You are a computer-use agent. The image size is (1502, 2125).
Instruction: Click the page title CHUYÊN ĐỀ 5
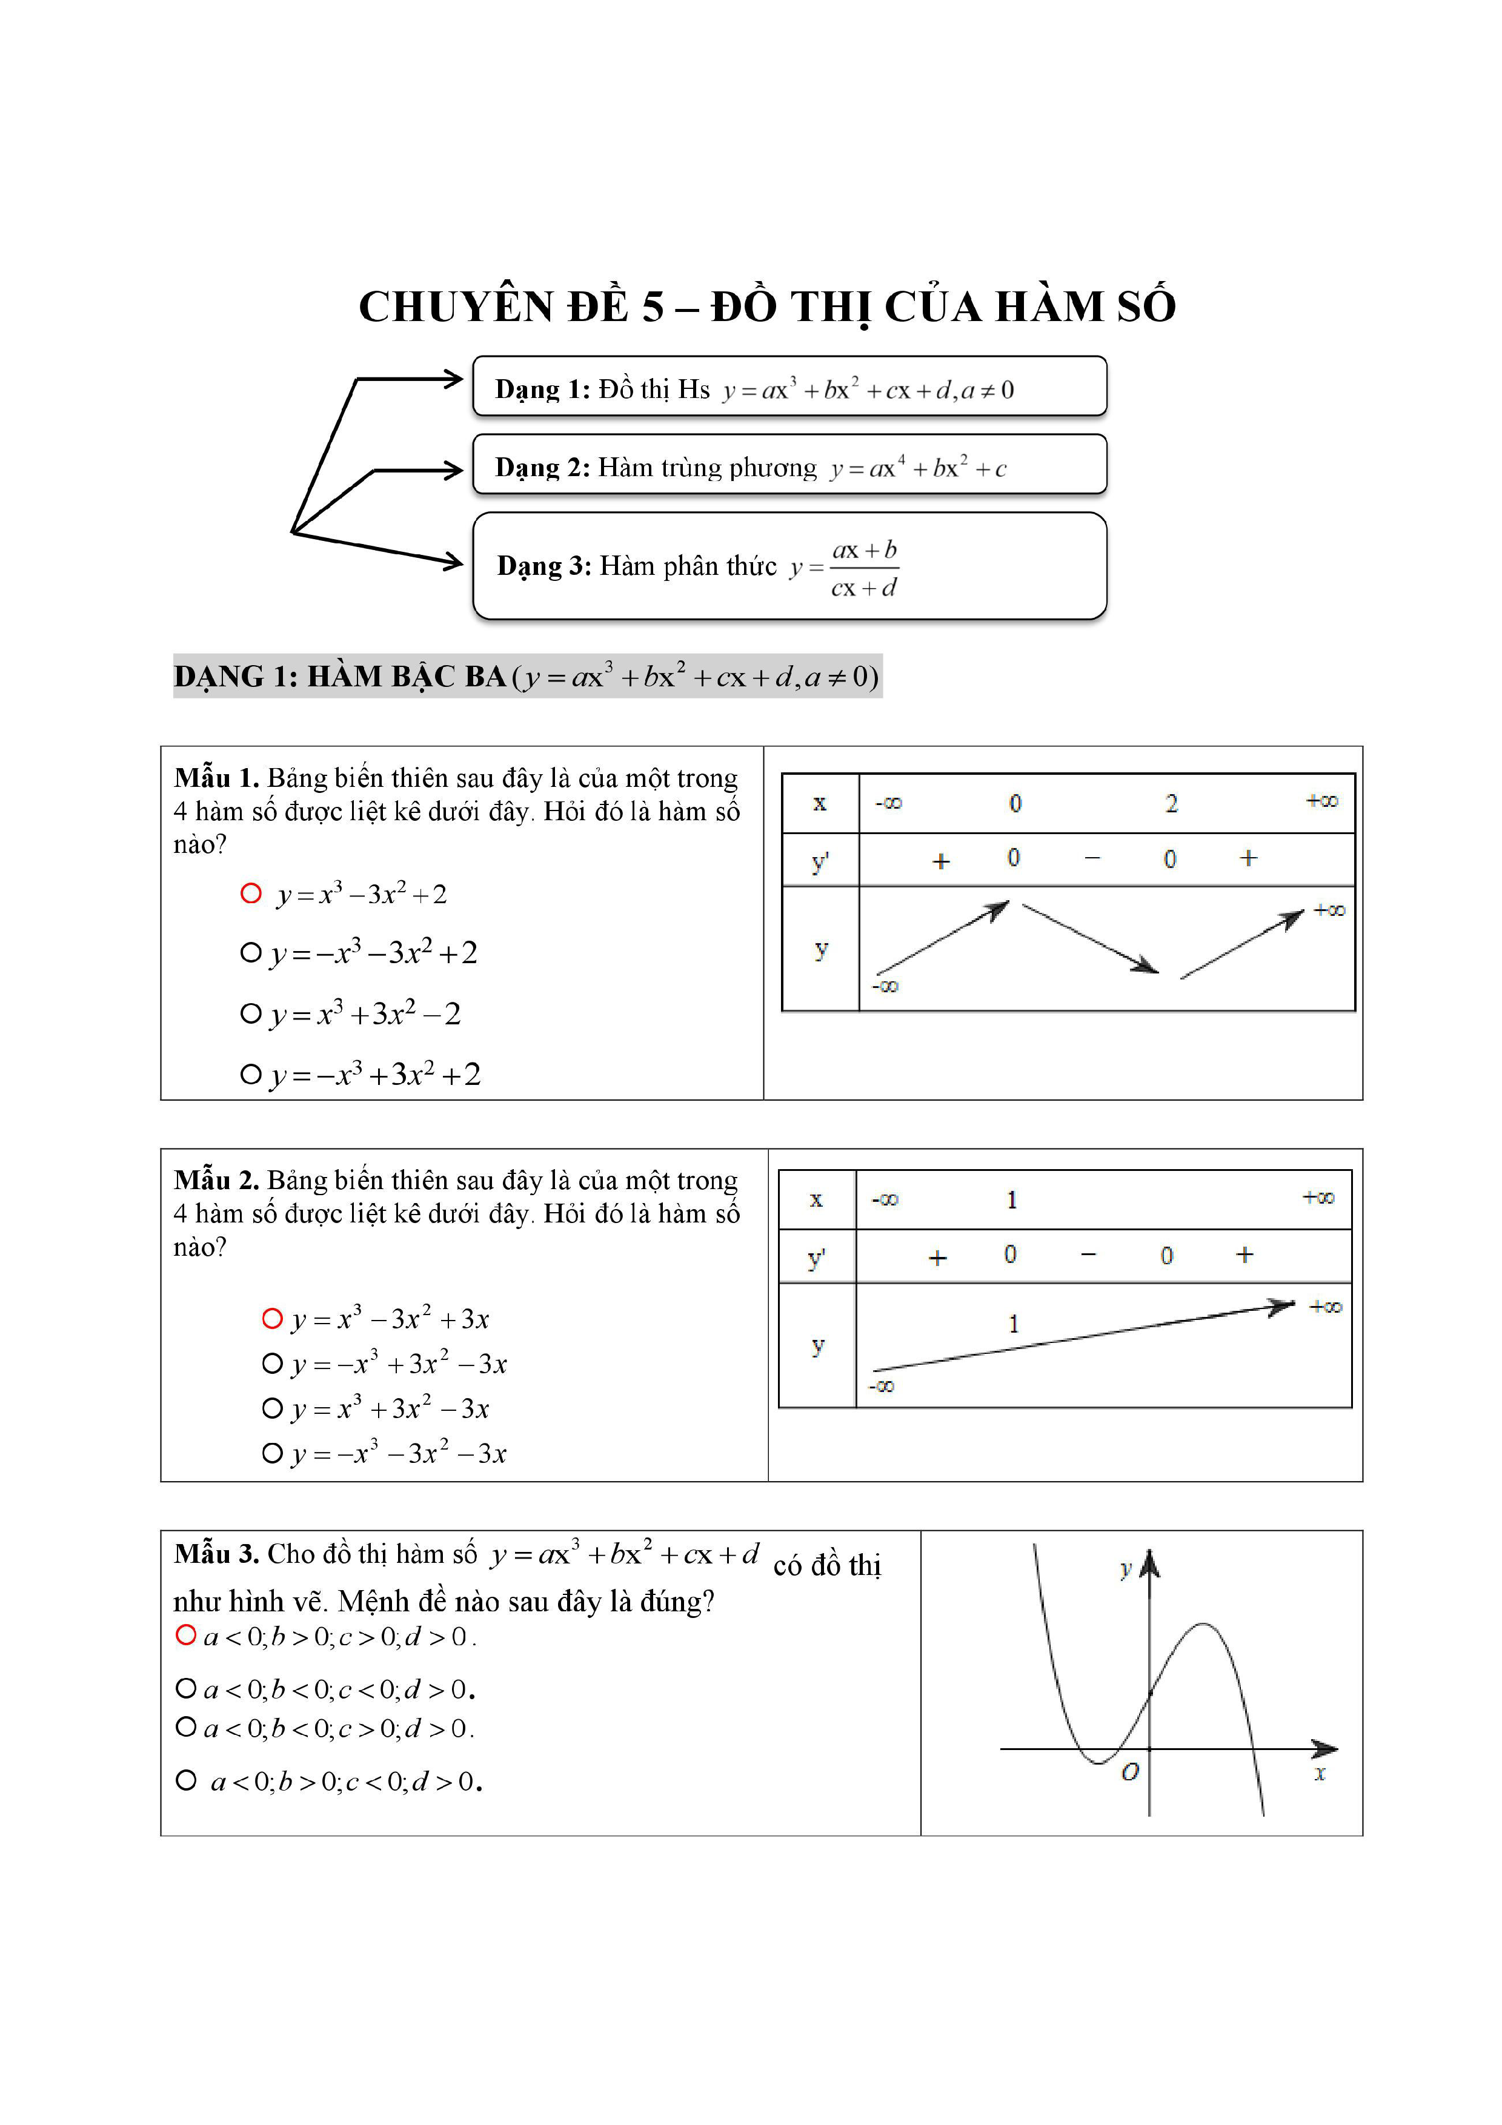(766, 307)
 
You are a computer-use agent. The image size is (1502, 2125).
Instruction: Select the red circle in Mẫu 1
(251, 893)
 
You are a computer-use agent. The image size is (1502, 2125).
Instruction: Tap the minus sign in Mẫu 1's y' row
(1092, 860)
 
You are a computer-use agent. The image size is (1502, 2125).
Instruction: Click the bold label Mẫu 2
(216, 1180)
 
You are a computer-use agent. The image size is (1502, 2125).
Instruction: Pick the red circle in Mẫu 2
(272, 1318)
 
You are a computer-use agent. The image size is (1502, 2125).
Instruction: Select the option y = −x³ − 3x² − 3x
(399, 1453)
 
